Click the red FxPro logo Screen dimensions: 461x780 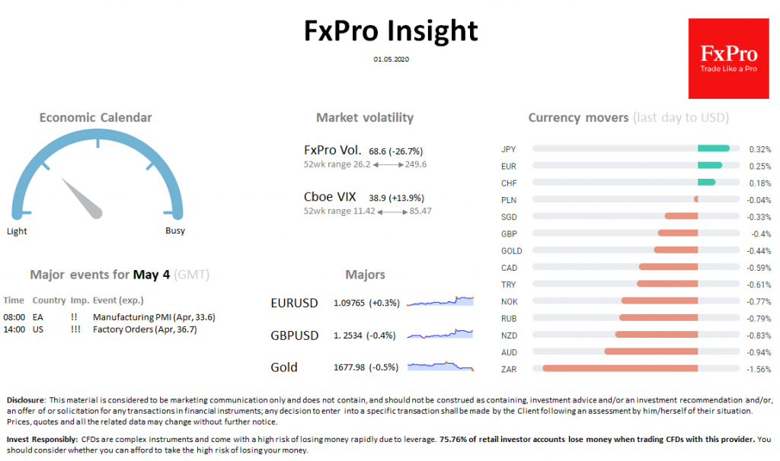[x=727, y=59]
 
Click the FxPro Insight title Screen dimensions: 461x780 [x=391, y=30]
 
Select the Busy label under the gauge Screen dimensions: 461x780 [x=175, y=231]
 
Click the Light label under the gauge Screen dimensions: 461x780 [x=17, y=231]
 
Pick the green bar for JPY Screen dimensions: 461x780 [x=714, y=149]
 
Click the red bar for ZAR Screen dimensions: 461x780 [x=620, y=369]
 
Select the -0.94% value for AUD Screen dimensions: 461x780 [x=759, y=352]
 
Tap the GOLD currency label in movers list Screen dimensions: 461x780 [x=511, y=251]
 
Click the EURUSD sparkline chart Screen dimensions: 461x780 [x=440, y=301]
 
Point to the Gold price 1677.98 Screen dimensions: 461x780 [x=350, y=367]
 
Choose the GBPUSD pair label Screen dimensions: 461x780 [x=294, y=335]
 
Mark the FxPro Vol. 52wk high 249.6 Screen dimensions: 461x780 [x=414, y=164]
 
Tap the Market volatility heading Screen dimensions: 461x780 [x=365, y=117]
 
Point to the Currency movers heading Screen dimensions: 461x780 [x=578, y=117]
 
